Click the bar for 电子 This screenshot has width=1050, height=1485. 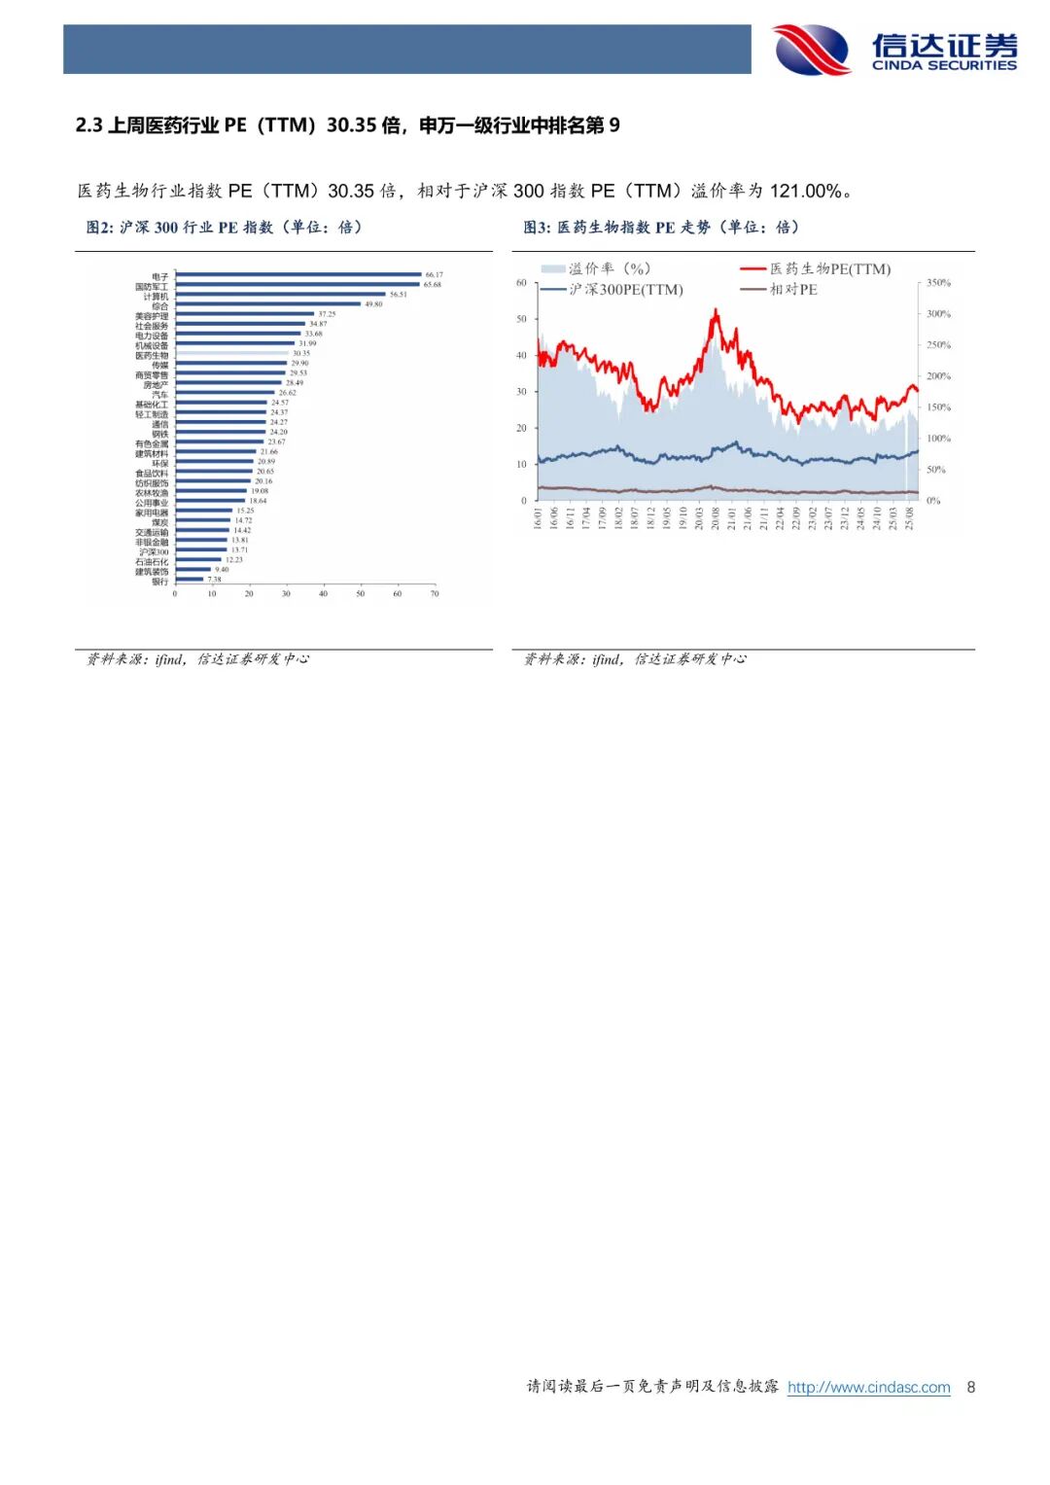coord(297,274)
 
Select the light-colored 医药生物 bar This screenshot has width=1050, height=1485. coord(232,353)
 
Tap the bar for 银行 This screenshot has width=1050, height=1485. coord(189,580)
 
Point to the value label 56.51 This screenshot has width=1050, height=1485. coord(399,294)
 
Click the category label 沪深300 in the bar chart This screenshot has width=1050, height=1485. coord(154,551)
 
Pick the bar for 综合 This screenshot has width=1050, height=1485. coord(267,303)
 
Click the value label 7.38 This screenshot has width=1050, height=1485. coord(214,580)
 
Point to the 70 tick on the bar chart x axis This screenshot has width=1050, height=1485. coord(435,593)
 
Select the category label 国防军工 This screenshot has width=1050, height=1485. coord(152,287)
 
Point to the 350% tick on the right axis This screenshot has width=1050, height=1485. coord(938,283)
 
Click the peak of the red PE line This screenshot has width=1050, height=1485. coord(716,311)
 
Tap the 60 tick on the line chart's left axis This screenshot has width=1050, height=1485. coord(521,283)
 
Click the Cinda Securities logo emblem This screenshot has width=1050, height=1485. coord(811,50)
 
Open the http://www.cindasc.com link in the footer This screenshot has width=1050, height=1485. coord(868,1388)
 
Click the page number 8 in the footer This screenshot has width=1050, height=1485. coord(970,1388)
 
